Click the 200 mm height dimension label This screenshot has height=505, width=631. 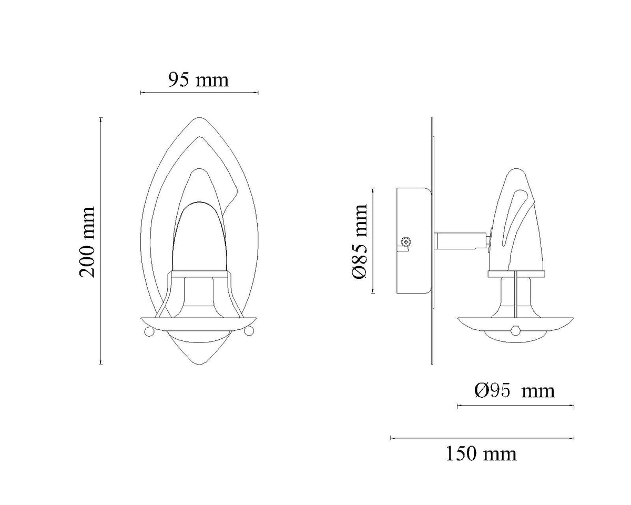coord(87,241)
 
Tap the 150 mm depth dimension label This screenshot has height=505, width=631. coord(481,453)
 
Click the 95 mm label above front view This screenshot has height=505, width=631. coord(199,79)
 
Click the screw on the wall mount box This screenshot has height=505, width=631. coord(406,242)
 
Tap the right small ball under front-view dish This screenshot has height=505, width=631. coord(249,331)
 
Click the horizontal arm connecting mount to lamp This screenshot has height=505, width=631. coord(459,241)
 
